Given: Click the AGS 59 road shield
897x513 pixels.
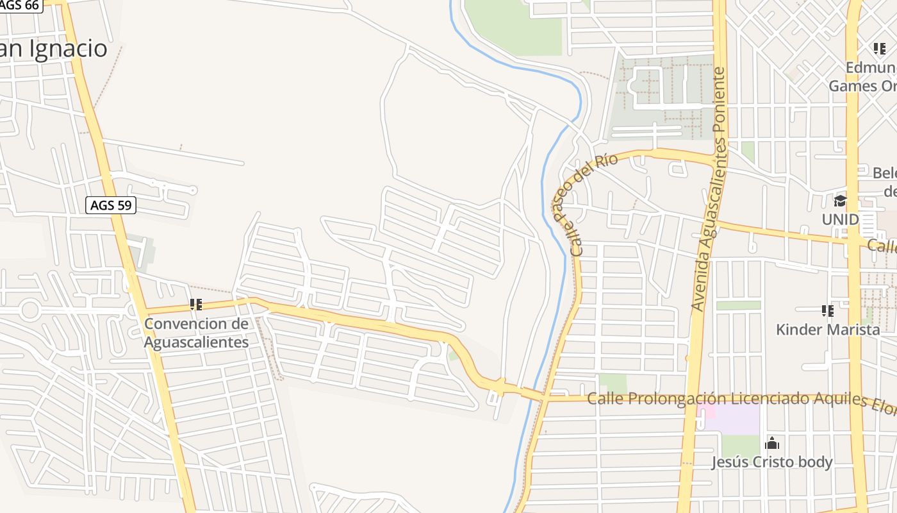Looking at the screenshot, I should click(111, 205).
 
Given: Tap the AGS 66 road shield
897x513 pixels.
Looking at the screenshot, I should click(21, 5).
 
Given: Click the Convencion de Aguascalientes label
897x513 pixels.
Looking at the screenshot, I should click(195, 333).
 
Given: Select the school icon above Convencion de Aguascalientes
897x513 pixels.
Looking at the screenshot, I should click(196, 305).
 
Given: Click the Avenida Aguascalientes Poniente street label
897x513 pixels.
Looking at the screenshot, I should click(711, 190).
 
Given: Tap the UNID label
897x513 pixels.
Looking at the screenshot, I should click(840, 219).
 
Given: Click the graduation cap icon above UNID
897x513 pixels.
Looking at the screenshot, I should click(840, 201).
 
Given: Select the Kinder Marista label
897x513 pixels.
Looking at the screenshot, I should click(828, 330).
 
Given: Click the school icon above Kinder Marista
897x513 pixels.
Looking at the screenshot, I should click(828, 311).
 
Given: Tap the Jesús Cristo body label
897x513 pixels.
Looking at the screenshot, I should click(772, 462).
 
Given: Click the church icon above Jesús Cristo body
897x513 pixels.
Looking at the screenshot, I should click(772, 443).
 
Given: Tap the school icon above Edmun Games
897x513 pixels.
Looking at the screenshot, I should click(879, 49).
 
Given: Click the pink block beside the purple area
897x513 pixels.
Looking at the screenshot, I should click(706, 410).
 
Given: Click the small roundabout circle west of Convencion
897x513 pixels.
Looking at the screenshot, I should click(29, 310).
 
